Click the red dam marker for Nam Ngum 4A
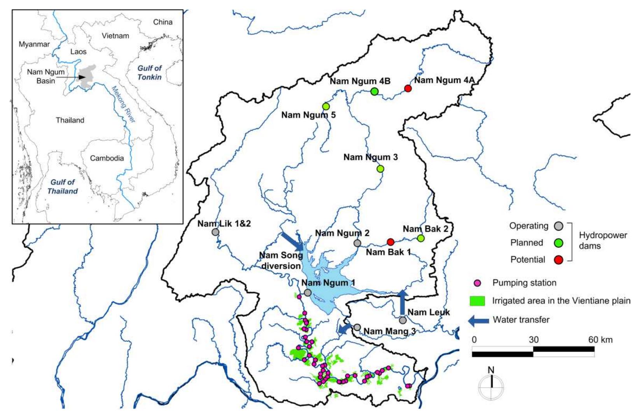408,88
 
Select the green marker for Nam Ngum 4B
374,91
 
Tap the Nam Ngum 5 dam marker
326,106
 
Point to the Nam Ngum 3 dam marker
380,169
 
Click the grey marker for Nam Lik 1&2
215,232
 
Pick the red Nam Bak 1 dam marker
390,242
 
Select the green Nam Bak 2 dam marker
420,238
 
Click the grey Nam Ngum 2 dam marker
357,243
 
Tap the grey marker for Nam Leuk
402,320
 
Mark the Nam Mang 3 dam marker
357,327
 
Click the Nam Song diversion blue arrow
292,242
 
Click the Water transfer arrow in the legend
478,320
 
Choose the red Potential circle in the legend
558,260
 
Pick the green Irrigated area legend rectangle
477,301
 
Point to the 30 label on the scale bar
533,339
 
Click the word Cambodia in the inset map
107,158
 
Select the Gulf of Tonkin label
149,73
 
